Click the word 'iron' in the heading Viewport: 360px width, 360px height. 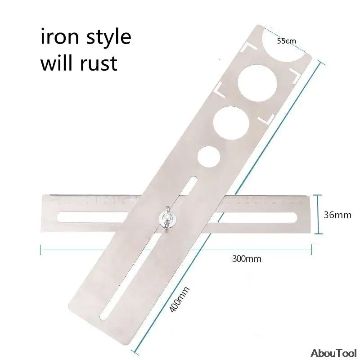click(60, 37)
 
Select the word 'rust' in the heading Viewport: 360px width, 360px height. click(99, 63)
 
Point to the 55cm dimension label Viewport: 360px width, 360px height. click(286, 41)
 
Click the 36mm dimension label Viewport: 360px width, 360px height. click(337, 215)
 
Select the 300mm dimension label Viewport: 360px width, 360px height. click(247, 259)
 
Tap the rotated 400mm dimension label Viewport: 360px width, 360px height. click(179, 299)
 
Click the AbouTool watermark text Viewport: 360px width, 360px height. click(333, 353)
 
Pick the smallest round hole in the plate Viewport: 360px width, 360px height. click(209, 157)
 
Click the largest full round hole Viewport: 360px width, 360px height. click(257, 83)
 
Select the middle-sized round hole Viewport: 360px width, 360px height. click(231, 123)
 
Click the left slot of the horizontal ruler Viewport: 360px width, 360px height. click(92, 217)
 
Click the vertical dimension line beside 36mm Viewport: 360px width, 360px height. click(318, 214)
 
